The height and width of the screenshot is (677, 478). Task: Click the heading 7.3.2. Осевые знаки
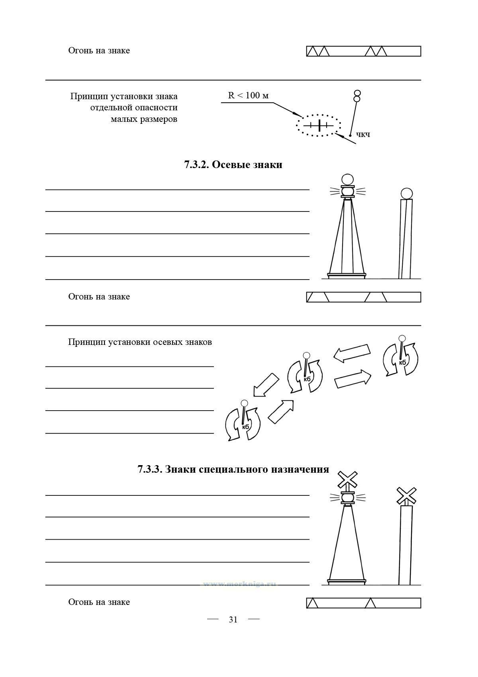[233, 165]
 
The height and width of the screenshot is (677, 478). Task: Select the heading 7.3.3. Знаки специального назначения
[233, 470]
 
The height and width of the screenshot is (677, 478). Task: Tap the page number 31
[233, 620]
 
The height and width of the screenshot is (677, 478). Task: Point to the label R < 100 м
[248, 96]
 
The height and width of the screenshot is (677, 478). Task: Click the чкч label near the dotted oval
[363, 135]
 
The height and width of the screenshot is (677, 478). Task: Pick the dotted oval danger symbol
[318, 126]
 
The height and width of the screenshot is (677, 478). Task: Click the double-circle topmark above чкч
[357, 96]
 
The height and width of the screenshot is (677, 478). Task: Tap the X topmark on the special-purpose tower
[347, 480]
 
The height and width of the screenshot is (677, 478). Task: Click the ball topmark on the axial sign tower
[347, 180]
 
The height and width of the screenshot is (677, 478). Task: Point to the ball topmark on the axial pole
[406, 194]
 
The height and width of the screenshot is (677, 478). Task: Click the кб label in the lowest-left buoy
[245, 427]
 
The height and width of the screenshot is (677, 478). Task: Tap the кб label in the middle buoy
[307, 379]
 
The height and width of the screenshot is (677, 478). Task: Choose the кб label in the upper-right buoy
[402, 362]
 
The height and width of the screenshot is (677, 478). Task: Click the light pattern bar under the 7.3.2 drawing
[363, 297]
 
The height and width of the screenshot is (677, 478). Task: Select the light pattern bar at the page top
[363, 51]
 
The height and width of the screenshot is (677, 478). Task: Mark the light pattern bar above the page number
[363, 603]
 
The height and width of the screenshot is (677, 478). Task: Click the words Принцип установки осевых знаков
[140, 342]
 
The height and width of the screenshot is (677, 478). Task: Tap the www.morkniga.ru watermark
[239, 584]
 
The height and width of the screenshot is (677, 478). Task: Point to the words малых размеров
[144, 119]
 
